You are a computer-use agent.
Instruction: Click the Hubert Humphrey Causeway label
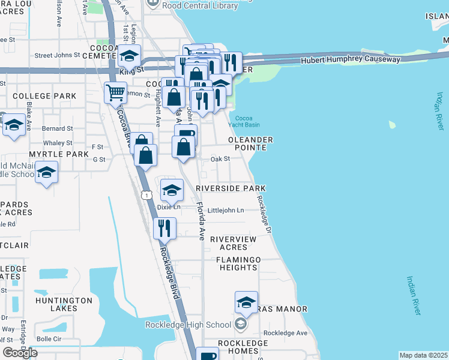pyautogui.click(x=351, y=59)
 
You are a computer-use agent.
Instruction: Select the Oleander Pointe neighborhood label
pyautogui.click(x=250, y=143)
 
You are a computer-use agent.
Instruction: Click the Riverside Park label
pyautogui.click(x=231, y=188)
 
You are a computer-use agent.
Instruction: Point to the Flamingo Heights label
pyautogui.click(x=239, y=263)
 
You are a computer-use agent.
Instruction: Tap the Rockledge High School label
pyautogui.click(x=188, y=325)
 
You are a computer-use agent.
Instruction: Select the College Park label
pyautogui.click(x=44, y=96)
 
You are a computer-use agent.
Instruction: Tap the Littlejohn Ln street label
pyautogui.click(x=225, y=210)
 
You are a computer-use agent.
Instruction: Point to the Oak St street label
pyautogui.click(x=220, y=159)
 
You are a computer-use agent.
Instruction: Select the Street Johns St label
pyautogui.click(x=57, y=55)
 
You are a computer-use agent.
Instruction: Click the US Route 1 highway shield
pyautogui.click(x=146, y=195)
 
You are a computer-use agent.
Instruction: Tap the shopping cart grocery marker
pyautogui.click(x=115, y=93)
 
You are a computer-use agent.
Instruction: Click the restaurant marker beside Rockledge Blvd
pyautogui.click(x=163, y=228)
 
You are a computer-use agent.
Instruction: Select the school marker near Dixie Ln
pyautogui.click(x=172, y=191)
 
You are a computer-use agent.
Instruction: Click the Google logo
pyautogui.click(x=20, y=353)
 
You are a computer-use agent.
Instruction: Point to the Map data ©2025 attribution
pyautogui.click(x=423, y=355)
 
